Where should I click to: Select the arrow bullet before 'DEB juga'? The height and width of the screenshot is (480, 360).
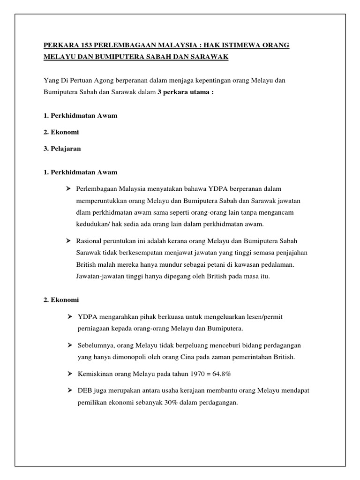pyautogui.click(x=68, y=390)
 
